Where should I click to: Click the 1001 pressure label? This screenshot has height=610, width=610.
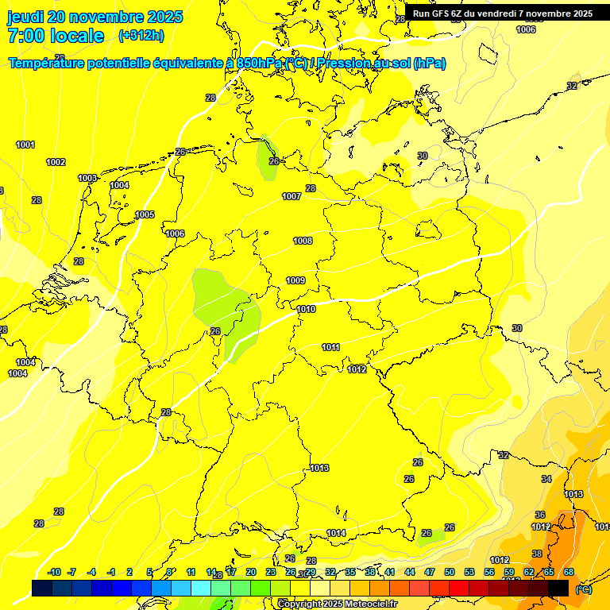(25, 145)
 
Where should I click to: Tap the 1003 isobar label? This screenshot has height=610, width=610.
(87, 178)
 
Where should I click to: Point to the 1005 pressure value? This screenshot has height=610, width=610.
(145, 214)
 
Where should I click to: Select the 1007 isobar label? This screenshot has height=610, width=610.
(291, 196)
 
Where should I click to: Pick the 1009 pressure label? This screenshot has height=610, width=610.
(295, 280)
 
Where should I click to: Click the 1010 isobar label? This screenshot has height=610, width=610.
(306, 309)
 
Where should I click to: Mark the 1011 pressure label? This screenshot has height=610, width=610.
(330, 347)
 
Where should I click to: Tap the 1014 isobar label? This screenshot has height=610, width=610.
(336, 533)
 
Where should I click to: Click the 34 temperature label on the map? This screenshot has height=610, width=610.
(546, 479)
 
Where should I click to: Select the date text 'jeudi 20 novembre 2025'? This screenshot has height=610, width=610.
(95, 17)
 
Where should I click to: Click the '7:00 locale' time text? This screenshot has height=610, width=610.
(56, 36)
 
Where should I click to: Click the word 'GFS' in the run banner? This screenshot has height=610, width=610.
(442, 13)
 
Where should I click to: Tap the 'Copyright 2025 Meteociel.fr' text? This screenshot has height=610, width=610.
(337, 604)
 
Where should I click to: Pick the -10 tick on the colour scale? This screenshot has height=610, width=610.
(55, 572)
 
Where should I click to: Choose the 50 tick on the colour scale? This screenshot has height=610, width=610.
(450, 572)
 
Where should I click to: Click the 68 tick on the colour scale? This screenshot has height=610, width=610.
(569, 572)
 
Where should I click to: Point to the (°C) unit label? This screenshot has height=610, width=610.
(583, 589)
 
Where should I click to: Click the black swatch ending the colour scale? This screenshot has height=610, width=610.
(558, 588)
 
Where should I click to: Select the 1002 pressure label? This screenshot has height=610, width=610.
(56, 162)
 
